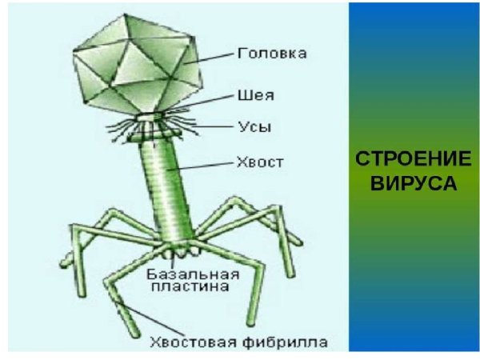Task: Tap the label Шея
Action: click(256, 95)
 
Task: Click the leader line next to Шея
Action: click(208, 102)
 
